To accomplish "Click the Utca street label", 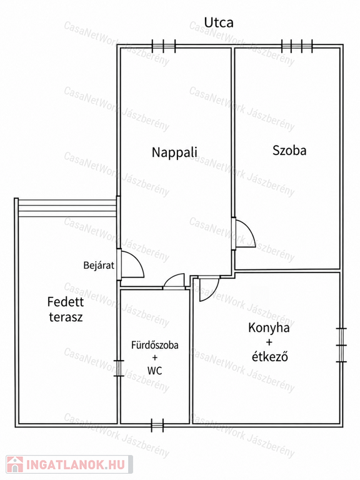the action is coord(219,22).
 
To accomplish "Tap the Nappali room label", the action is coord(174,152).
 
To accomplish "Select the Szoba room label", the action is coord(289,150).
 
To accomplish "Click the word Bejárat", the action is coord(99,265).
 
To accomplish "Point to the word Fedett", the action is coord(66,302).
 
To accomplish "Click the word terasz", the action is coord(66,317).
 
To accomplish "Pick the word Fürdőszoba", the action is coord(155,345).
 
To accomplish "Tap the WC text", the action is coord(154,371).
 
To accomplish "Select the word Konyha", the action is coord(269,328).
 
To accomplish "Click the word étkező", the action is coord(269,357).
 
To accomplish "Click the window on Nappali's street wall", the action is coord(164,46).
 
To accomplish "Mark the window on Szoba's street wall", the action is coord(297,46).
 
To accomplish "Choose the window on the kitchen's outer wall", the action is coord(341,345).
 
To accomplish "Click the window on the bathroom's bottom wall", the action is coord(157,425).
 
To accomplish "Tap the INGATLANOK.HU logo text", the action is coord(76,465).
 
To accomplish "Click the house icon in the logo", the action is coord(15,464).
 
